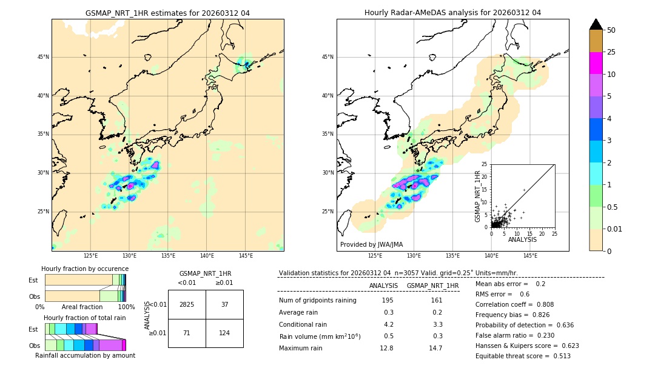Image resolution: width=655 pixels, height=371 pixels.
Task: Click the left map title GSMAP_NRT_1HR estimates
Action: (167, 13)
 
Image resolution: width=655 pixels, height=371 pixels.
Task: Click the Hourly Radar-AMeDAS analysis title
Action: (452, 13)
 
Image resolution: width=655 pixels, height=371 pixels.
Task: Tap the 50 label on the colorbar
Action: (611, 30)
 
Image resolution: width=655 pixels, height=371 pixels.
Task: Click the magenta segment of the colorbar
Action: (596, 63)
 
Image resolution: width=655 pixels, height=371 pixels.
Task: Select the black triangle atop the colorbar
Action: (596, 24)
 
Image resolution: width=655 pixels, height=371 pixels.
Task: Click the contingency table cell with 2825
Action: (187, 304)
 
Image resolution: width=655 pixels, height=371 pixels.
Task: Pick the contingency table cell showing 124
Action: (224, 333)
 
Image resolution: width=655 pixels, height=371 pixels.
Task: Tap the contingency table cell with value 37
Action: (224, 304)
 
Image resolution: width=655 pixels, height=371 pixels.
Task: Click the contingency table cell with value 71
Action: (187, 333)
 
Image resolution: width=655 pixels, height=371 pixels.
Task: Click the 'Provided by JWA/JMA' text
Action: (371, 244)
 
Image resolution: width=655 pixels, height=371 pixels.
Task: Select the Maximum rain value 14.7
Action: (436, 348)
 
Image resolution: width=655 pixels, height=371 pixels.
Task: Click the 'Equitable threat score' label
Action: (512, 356)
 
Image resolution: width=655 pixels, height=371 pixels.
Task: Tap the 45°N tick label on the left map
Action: (43, 57)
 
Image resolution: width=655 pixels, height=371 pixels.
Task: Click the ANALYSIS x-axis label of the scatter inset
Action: (522, 239)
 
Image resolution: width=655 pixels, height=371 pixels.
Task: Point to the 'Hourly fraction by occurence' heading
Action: (85, 269)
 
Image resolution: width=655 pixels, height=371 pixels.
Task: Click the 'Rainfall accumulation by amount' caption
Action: (85, 355)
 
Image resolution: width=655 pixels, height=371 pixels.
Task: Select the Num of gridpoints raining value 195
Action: (388, 300)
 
